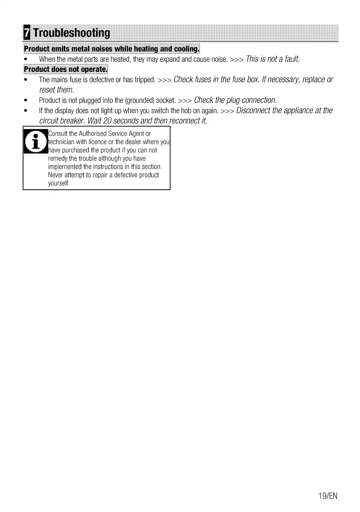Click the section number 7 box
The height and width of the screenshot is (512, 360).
pos(27,33)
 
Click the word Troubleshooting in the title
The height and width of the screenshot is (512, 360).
pos(71,33)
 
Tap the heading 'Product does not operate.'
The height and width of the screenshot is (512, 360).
pos(66,69)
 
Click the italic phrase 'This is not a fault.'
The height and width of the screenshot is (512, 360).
pos(272,59)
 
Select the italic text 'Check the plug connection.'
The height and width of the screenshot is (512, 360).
pos(235,100)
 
